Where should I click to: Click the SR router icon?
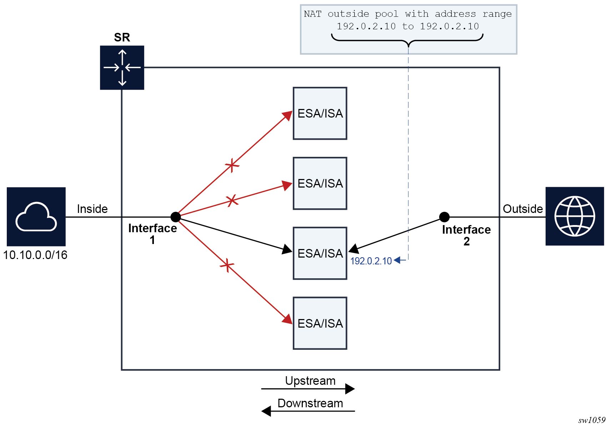click(122, 68)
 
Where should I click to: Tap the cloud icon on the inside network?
click(36, 217)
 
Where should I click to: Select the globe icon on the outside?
click(575, 216)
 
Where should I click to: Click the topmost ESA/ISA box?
click(320, 113)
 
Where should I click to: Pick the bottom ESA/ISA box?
click(320, 323)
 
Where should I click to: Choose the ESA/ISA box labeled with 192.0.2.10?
click(320, 253)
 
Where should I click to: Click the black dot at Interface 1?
click(176, 217)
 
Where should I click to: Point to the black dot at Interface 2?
click(444, 217)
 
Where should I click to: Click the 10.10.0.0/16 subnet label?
click(35, 255)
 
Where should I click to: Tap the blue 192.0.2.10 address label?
click(371, 261)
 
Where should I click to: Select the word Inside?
click(92, 209)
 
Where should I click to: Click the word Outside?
click(523, 209)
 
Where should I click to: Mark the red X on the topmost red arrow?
click(232, 165)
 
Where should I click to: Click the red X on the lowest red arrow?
click(227, 265)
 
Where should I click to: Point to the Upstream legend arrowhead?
click(350, 389)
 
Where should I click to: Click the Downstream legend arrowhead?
click(266, 411)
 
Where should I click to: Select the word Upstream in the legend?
click(310, 381)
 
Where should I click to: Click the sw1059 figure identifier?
click(592, 420)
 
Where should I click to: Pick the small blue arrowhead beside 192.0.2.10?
click(397, 260)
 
